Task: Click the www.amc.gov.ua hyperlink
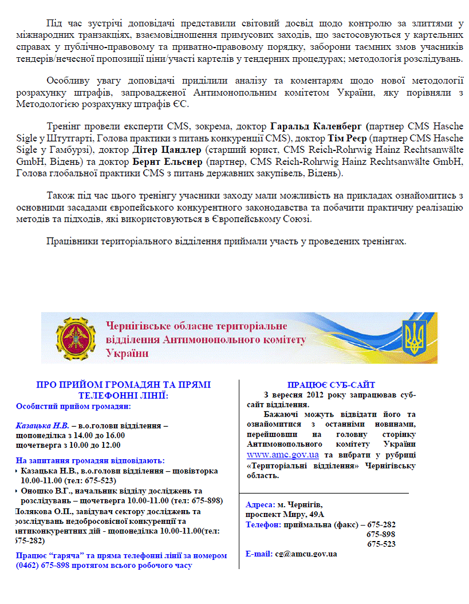pos(282,455)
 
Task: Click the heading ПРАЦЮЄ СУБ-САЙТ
pos(331,385)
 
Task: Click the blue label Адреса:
pos(260,505)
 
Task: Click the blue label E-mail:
pos(259,554)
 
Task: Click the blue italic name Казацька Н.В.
pos(42,426)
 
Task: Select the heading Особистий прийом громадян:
pos(73,406)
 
